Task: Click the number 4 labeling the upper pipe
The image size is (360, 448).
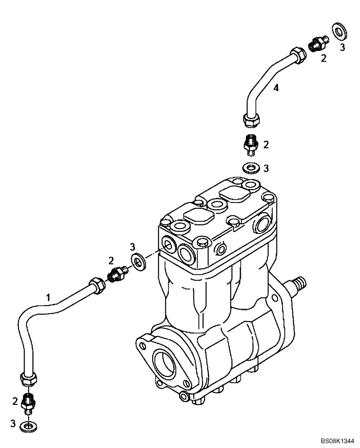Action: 276,88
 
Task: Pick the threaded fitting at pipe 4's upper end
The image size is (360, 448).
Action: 318,43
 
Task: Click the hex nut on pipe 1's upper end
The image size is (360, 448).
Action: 96,285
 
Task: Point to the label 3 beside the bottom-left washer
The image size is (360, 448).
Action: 13,423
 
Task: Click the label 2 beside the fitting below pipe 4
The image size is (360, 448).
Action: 266,144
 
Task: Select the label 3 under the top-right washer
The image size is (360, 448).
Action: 342,47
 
